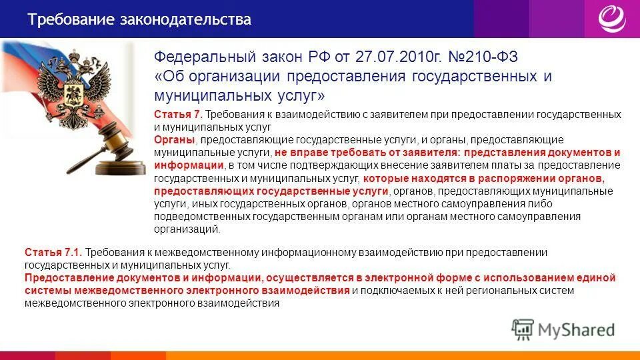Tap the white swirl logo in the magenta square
[x=612, y=19]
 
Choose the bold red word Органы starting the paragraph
[x=175, y=140]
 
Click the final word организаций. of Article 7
[x=187, y=229]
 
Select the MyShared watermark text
[x=578, y=329]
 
